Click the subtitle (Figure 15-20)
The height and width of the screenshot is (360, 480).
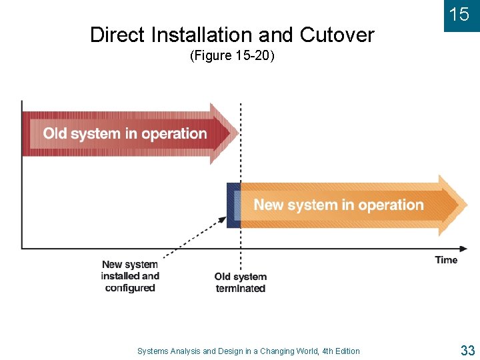[232, 56]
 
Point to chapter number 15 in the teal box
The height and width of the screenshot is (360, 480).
[459, 15]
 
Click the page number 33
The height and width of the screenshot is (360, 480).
[467, 350]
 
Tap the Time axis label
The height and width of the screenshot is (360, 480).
[446, 260]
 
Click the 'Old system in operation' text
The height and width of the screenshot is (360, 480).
[125, 133]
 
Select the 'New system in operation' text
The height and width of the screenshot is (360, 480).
[339, 205]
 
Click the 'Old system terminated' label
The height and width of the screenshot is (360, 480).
[241, 283]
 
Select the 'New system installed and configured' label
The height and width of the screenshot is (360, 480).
[130, 276]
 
